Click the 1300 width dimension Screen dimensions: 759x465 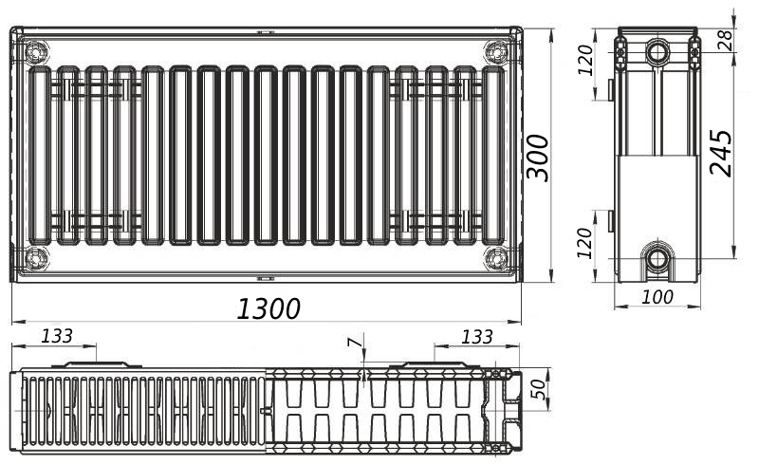[x=268, y=308]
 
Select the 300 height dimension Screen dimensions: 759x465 [x=538, y=158]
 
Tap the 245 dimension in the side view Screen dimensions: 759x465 [x=721, y=152]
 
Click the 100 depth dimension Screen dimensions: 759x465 [x=657, y=297]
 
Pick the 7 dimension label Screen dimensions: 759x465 [x=355, y=343]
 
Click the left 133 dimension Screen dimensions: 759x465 [x=57, y=336]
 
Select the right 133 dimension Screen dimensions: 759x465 [x=476, y=337]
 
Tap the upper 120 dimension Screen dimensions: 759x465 [x=585, y=60]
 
